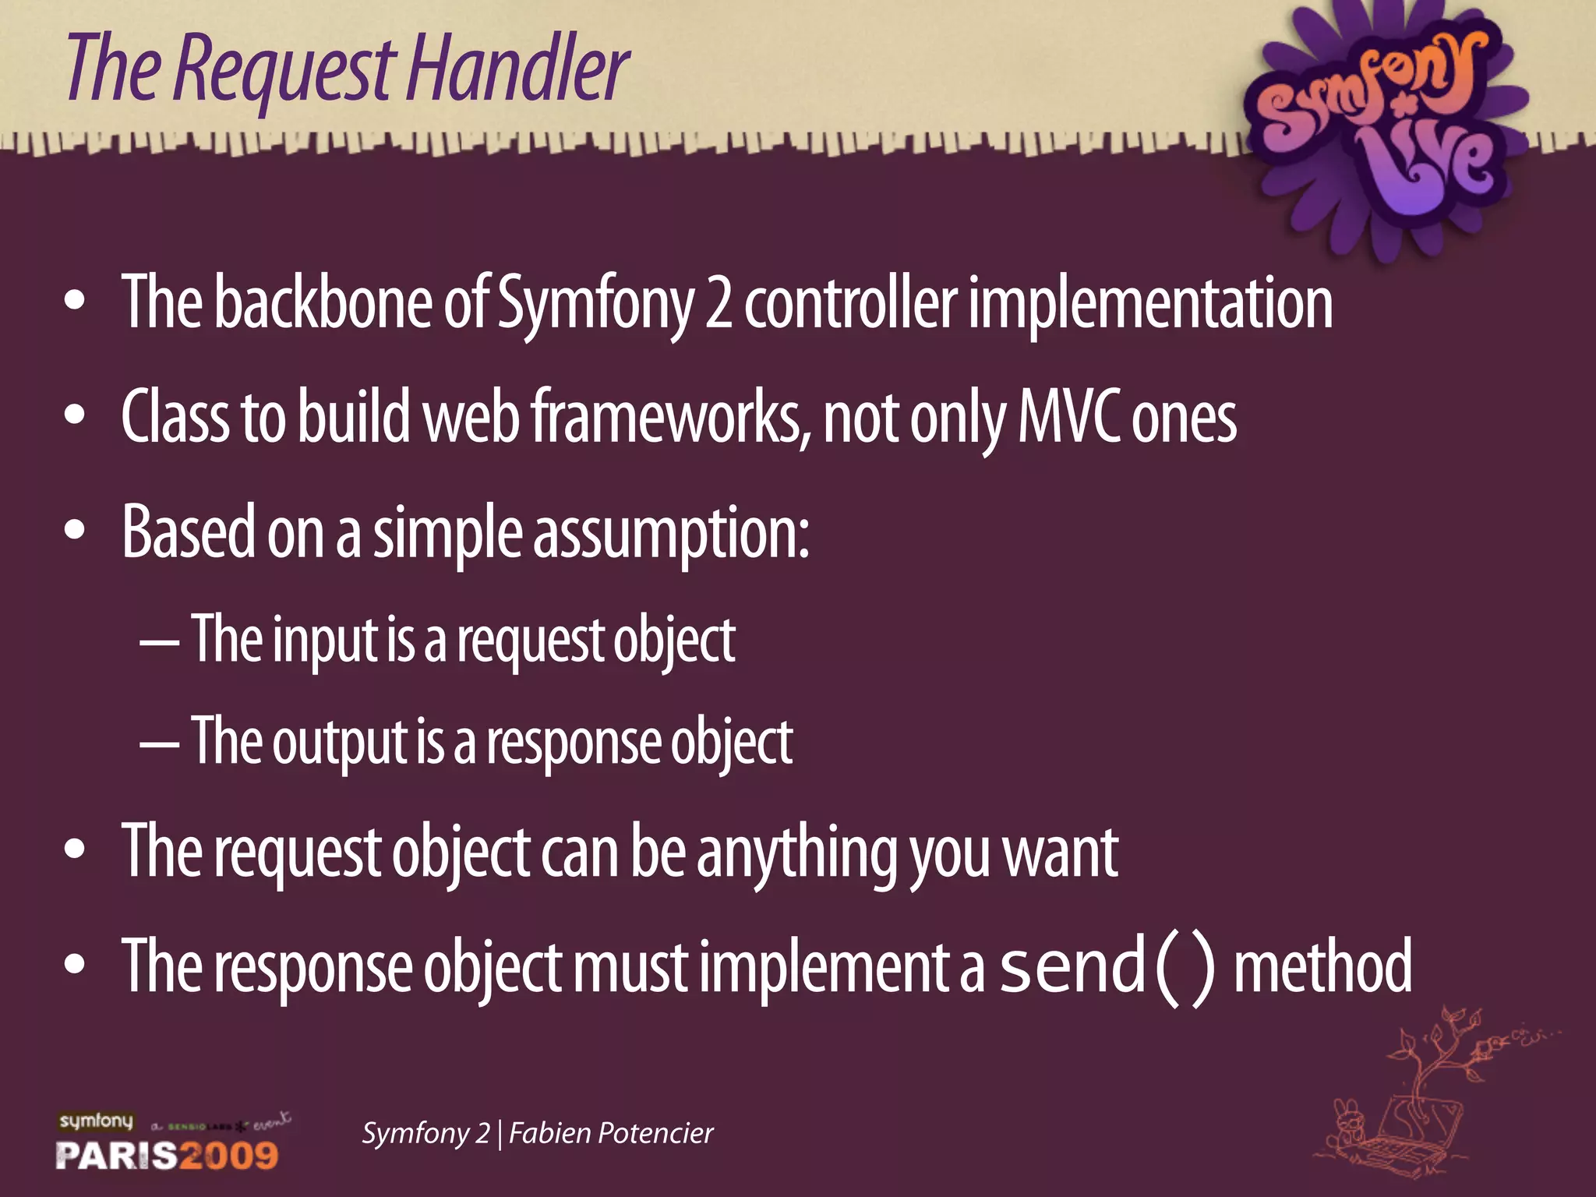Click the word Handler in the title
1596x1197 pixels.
[517, 70]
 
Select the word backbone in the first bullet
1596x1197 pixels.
[322, 303]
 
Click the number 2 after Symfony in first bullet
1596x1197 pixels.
[718, 305]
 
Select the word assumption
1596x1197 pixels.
[670, 535]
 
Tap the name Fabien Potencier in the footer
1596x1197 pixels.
[611, 1133]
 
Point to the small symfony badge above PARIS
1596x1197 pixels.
[97, 1121]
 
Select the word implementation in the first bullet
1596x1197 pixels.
[1150, 305]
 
